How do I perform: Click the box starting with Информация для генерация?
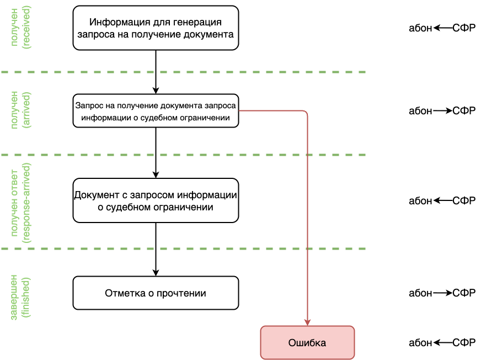point(156,28)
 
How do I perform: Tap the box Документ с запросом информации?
point(156,200)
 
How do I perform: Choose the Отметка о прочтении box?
point(156,293)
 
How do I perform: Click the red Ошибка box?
point(307,342)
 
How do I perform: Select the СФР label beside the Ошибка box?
point(464,342)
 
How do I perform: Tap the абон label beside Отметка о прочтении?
point(420,293)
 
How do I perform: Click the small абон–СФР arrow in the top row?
point(442,28)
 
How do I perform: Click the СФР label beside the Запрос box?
point(464,110)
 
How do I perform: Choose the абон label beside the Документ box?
point(420,200)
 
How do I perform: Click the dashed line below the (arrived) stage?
point(182,155)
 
